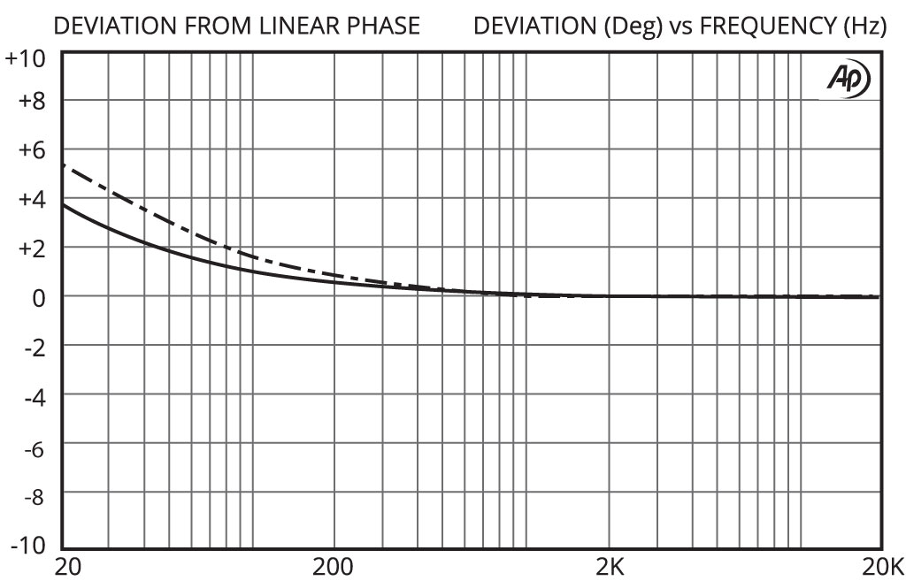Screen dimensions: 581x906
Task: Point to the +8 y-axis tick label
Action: tap(31, 100)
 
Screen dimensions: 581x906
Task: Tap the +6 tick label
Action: tap(31, 149)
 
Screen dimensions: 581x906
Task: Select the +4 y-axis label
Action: tap(31, 199)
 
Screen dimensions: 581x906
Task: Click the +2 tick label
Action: tap(31, 248)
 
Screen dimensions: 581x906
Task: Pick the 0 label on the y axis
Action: tap(38, 298)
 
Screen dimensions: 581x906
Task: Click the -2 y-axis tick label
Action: tap(33, 347)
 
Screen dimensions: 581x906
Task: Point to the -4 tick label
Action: tap(33, 396)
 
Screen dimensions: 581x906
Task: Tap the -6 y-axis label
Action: tap(33, 446)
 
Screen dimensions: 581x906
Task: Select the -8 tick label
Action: tap(33, 495)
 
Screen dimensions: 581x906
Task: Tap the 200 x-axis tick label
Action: tap(334, 567)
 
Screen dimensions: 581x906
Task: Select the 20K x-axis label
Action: tap(882, 567)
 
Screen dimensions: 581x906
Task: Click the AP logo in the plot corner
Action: tap(848, 80)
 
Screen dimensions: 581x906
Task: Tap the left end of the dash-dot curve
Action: tap(64, 165)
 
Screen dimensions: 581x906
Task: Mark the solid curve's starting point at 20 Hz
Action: tap(64, 205)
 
